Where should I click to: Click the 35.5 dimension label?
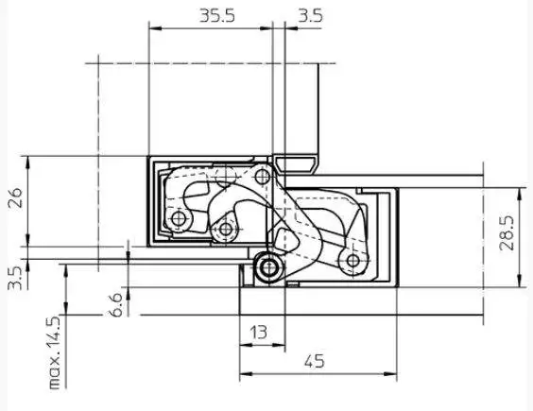(216, 16)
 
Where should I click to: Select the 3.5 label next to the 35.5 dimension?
(310, 16)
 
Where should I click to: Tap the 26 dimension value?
(16, 197)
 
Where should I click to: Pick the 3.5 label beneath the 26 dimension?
(15, 278)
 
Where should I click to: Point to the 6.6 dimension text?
(115, 305)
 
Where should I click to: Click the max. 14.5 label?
(54, 352)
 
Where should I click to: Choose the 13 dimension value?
(259, 333)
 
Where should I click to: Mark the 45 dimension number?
(315, 361)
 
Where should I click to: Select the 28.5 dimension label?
(507, 232)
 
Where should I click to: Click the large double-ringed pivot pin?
(269, 267)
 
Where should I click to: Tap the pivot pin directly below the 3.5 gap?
(263, 176)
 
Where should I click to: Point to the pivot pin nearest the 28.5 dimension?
(353, 261)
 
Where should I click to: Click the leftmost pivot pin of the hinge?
(179, 218)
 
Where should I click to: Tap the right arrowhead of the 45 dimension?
(390, 374)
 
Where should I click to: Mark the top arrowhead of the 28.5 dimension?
(519, 194)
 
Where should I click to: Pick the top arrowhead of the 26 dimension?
(27, 163)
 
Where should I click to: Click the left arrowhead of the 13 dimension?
(246, 346)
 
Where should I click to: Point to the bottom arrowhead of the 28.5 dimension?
(519, 281)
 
